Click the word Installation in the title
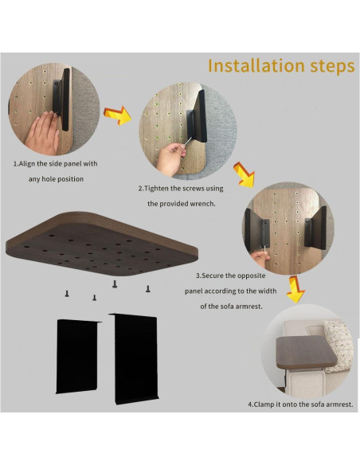(x=256, y=65)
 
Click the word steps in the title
(x=332, y=67)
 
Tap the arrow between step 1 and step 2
(x=118, y=115)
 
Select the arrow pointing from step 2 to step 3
(x=244, y=174)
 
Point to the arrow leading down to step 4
(x=295, y=289)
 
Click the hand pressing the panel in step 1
(x=43, y=133)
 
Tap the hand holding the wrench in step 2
(x=170, y=158)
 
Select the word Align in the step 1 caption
(x=27, y=164)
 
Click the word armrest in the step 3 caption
(x=250, y=307)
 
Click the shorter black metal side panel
(x=78, y=356)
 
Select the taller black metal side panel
(x=134, y=358)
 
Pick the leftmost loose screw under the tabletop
(x=67, y=294)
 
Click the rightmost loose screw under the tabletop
(x=147, y=288)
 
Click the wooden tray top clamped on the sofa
(x=306, y=352)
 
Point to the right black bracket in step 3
(x=315, y=228)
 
